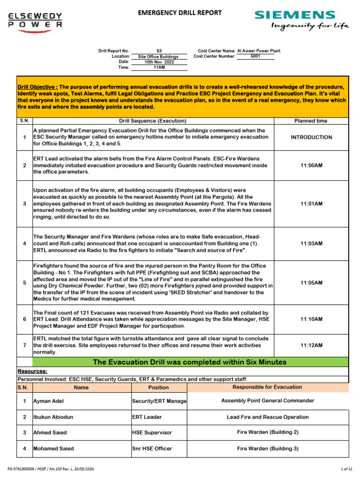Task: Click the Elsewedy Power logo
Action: click(35, 21)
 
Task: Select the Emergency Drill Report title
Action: click(179, 13)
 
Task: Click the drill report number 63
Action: click(159, 51)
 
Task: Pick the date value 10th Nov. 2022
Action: click(159, 62)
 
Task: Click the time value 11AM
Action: click(159, 67)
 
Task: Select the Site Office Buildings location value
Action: click(159, 56)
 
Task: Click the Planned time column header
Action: click(310, 121)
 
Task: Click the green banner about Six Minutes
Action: click(189, 362)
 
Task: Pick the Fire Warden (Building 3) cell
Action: click(268, 449)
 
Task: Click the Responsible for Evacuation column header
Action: click(267, 387)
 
